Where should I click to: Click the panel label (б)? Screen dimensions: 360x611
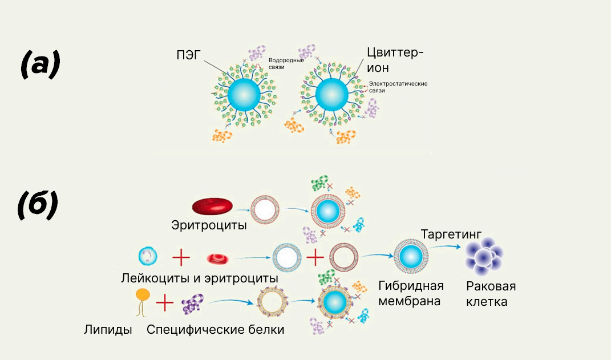click(x=38, y=205)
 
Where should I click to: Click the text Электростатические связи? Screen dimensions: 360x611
click(x=398, y=87)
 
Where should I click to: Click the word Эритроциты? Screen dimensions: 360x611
click(x=209, y=225)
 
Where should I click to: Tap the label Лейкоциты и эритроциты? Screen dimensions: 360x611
click(x=199, y=278)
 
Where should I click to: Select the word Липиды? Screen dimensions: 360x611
click(x=108, y=329)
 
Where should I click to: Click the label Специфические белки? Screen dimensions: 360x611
click(x=215, y=329)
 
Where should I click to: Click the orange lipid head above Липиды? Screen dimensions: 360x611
click(x=143, y=295)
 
